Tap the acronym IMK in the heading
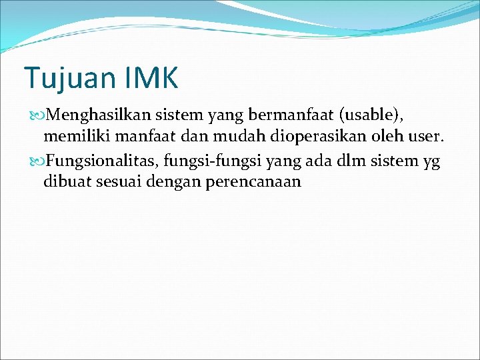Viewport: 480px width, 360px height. coord(151,79)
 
